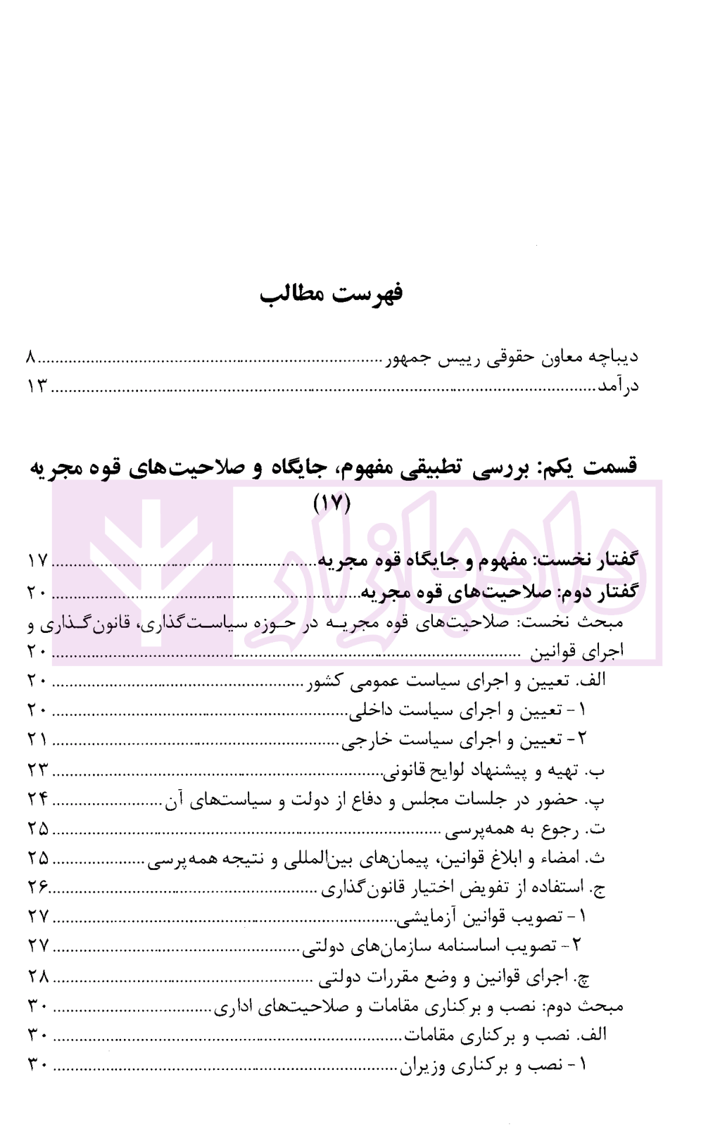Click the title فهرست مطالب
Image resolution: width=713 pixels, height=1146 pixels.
331,293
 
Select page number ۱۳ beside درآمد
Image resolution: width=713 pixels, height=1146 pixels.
37,386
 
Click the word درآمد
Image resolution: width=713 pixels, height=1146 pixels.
618,386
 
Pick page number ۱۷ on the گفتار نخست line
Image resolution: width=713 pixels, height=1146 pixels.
37,560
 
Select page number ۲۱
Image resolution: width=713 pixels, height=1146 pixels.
37,740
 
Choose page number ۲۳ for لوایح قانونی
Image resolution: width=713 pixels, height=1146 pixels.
37,770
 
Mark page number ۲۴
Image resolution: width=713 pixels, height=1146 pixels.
37,800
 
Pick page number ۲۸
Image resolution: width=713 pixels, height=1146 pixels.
37,976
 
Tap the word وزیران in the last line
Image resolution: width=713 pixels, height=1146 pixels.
423,1066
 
